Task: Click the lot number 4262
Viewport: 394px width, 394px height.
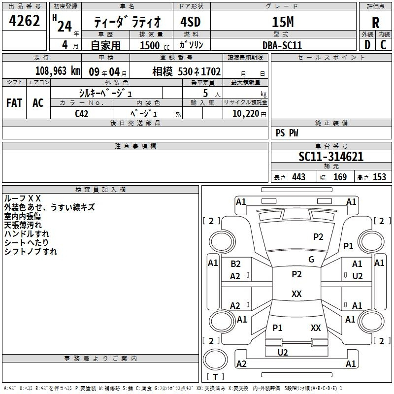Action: (x=24, y=20)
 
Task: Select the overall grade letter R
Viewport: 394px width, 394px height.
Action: (x=375, y=23)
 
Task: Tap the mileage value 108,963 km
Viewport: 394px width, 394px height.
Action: (x=58, y=71)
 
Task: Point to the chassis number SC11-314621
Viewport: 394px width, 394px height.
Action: (x=331, y=157)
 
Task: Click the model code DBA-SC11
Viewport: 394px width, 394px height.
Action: (x=282, y=45)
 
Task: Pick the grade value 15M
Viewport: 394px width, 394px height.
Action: (x=283, y=22)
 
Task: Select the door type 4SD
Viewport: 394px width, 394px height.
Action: (x=191, y=22)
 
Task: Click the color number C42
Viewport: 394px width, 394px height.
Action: (x=81, y=114)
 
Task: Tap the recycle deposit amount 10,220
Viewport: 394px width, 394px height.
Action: (x=246, y=114)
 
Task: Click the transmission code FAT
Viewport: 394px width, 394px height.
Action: (x=14, y=103)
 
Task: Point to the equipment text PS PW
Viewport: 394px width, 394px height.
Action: (x=287, y=133)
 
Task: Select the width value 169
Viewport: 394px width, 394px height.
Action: (x=340, y=177)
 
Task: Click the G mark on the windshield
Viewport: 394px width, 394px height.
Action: (x=311, y=260)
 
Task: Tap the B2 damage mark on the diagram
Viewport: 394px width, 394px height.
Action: (x=235, y=264)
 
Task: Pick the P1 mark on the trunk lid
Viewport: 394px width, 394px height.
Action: (x=277, y=328)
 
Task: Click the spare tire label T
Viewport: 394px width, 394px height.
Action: (x=215, y=377)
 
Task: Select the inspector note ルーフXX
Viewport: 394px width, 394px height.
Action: (x=22, y=198)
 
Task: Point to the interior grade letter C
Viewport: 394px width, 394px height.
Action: (x=383, y=45)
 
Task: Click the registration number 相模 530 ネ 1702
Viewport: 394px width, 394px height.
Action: (x=187, y=71)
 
